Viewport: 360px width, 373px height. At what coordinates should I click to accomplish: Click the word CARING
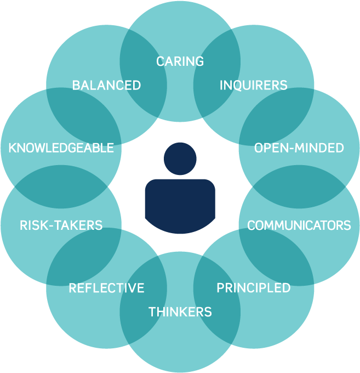click(180, 61)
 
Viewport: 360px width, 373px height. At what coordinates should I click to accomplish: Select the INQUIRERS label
click(253, 85)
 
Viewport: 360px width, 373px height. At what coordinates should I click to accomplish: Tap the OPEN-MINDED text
click(299, 148)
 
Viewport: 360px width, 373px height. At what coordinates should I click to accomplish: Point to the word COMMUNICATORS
click(299, 225)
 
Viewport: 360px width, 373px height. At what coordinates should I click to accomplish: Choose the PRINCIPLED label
click(253, 287)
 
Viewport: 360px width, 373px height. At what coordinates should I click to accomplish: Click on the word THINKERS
click(180, 312)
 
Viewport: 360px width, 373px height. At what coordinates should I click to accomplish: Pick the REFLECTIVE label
click(106, 287)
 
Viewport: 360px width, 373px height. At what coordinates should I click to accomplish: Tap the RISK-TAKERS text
click(61, 225)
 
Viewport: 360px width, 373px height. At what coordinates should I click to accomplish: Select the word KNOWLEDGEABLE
click(61, 148)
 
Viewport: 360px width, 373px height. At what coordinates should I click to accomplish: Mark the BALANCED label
click(106, 85)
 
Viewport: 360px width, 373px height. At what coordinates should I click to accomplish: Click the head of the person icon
click(180, 159)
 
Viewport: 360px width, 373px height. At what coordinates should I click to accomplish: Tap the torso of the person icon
click(180, 206)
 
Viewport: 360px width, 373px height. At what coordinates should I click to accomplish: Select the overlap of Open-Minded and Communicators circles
click(299, 187)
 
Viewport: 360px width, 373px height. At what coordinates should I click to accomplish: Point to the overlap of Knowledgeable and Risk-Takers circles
click(61, 187)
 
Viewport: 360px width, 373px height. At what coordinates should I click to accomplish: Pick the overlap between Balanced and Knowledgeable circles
click(84, 116)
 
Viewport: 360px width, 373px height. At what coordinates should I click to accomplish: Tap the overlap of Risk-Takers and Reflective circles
click(84, 257)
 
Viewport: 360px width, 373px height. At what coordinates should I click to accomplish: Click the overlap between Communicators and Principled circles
click(276, 257)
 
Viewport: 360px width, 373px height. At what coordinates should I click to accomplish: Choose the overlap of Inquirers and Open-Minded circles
click(276, 116)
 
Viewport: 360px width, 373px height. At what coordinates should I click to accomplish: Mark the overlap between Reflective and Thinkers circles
click(143, 299)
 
